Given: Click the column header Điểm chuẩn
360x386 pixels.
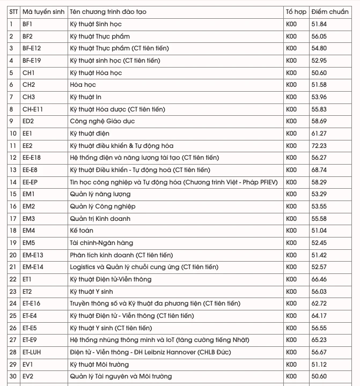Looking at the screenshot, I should (x=329, y=11).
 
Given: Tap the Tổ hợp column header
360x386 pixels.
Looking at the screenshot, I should (x=296, y=11).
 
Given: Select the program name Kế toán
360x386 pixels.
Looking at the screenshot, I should (x=81, y=231).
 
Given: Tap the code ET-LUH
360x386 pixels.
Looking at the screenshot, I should (x=32, y=352).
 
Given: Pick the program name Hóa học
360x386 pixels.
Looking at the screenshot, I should (x=83, y=85).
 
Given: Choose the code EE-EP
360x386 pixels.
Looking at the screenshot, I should (x=30, y=182).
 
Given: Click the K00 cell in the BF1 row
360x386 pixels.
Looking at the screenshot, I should (x=291, y=24).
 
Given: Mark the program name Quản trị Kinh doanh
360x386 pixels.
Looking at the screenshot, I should (x=100, y=219).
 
